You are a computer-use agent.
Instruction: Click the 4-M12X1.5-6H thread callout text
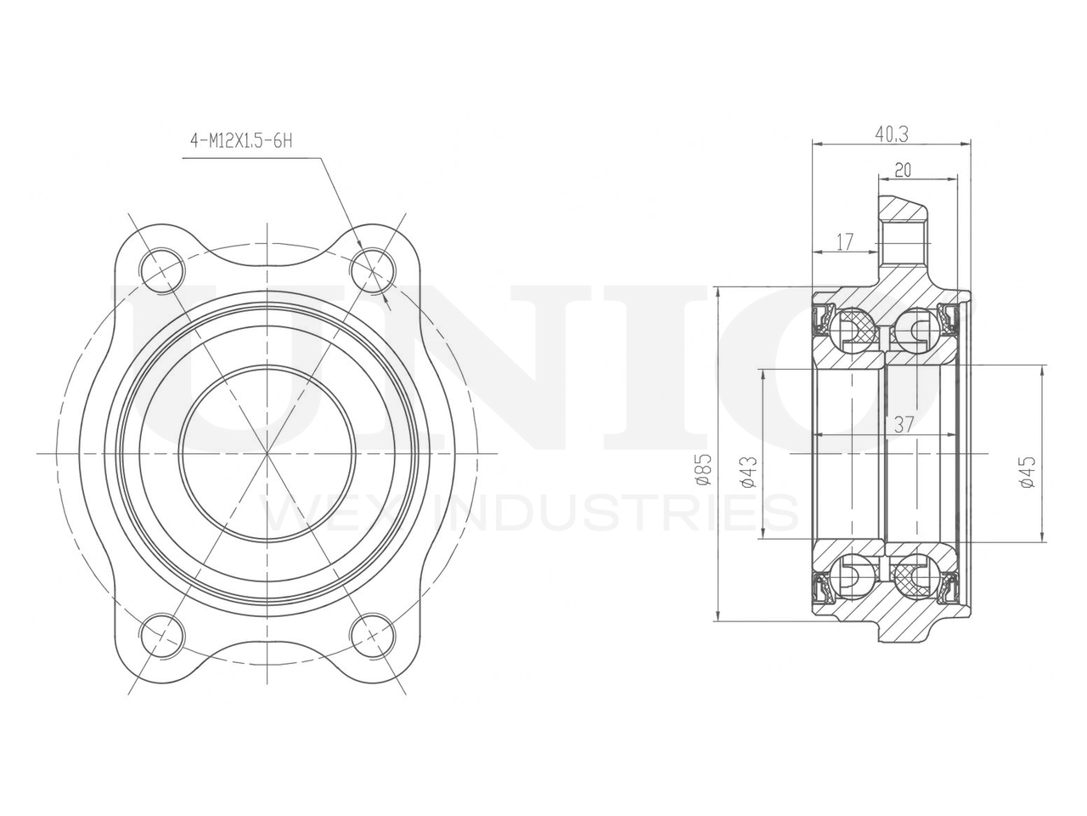(x=241, y=141)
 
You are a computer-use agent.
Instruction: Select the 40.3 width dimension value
(x=892, y=134)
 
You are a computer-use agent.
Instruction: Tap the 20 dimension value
(x=902, y=170)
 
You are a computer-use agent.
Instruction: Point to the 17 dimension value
(x=845, y=242)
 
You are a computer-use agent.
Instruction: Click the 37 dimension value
(x=904, y=425)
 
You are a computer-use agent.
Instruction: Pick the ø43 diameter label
(x=750, y=472)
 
